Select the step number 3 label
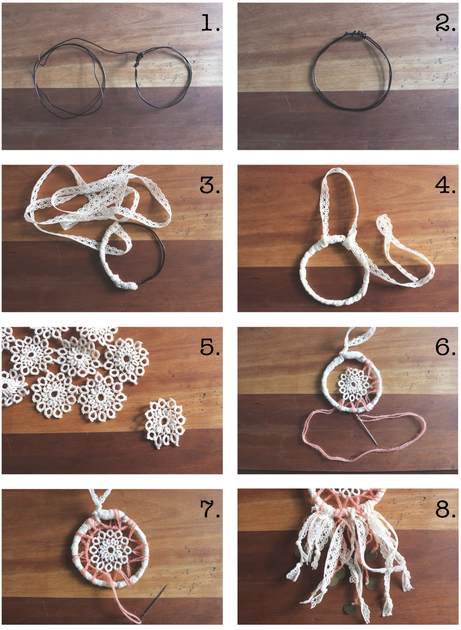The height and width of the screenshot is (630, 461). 209,185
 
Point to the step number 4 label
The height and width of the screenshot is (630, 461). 445,185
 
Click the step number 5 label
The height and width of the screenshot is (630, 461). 209,347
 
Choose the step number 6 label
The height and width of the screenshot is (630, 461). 445,347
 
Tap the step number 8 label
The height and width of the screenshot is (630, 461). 445,509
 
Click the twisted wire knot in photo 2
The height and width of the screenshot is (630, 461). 356,35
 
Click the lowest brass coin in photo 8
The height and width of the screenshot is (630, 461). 348,607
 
